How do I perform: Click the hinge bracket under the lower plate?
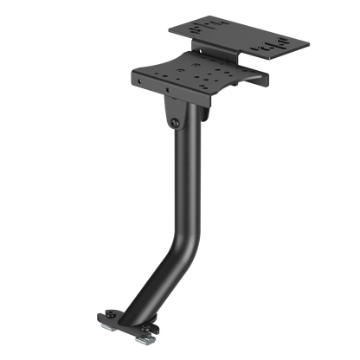coord(173,112)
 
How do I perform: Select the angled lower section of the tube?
coord(156,277)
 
